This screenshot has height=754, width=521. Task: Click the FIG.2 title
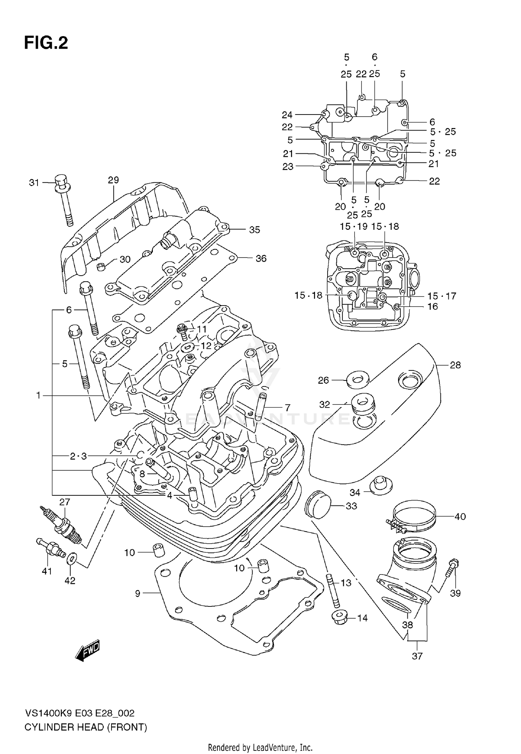pos(46,43)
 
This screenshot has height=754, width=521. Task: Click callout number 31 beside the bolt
pos(34,183)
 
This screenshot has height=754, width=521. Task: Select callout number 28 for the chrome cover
pos(455,365)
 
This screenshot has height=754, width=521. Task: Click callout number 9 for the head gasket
pos(138,594)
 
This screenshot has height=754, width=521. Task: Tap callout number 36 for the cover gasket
pos(261,258)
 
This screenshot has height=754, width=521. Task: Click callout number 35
pos(255,230)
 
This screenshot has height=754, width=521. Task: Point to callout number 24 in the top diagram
pos(287,115)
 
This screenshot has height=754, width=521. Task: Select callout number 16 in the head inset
pos(432,307)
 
